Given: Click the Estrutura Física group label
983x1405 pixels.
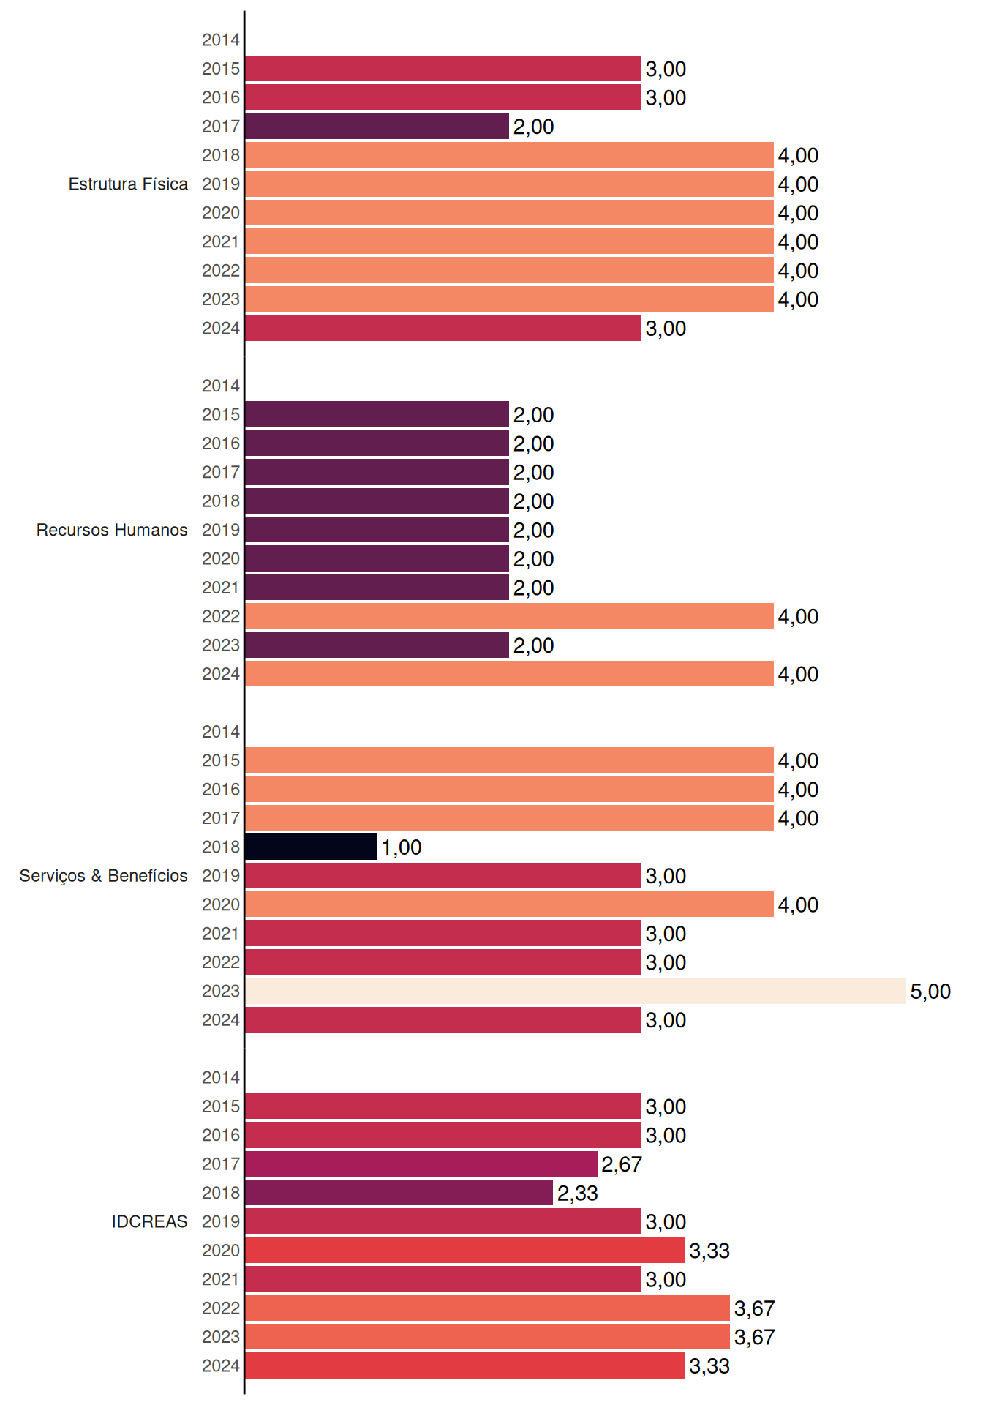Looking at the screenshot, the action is (128, 184).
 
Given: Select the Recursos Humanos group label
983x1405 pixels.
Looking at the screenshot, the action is (112, 530).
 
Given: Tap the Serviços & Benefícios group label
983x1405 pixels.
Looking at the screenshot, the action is (103, 876).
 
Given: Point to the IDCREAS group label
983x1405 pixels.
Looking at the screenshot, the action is (149, 1221).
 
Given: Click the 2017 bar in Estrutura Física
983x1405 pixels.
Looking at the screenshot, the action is (377, 126).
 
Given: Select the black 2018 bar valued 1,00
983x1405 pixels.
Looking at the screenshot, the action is (311, 847).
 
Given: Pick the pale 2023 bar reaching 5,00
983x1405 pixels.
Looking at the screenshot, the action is (576, 991).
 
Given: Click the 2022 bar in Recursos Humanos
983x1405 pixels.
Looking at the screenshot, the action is (509, 616).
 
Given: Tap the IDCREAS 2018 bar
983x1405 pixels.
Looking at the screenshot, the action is (399, 1193).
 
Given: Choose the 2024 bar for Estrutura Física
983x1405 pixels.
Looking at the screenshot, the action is (443, 328).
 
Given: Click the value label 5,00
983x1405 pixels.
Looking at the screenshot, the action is (930, 992).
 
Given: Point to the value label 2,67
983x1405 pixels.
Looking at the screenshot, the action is (622, 1164).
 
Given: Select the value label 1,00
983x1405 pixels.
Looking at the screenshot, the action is (402, 847).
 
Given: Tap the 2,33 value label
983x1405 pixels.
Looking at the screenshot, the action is (578, 1194).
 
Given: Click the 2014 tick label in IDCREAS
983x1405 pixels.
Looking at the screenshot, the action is (221, 1077).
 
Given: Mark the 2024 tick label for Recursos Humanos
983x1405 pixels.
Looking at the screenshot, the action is (221, 674).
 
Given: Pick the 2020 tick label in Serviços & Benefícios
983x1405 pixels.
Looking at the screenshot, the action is (221, 904).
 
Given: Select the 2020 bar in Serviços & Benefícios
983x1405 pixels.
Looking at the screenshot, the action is (509, 904).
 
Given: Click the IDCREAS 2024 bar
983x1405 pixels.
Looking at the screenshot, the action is (465, 1365).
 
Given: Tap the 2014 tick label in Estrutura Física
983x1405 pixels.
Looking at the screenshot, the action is (221, 40).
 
